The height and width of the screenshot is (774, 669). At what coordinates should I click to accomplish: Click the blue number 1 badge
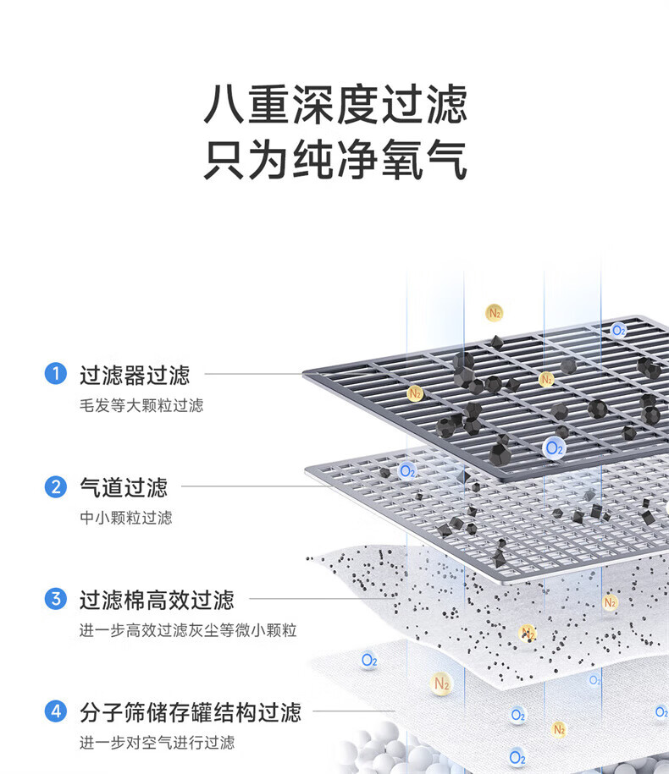(x=55, y=374)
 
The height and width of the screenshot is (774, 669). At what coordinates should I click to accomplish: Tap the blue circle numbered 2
(x=55, y=486)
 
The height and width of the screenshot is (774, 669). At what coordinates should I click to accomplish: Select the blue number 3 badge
(x=55, y=599)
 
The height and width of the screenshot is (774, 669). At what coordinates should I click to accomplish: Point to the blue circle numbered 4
(x=55, y=711)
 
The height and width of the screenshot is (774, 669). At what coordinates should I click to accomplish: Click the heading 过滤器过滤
(x=135, y=375)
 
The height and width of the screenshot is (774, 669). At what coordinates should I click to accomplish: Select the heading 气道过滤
(x=124, y=488)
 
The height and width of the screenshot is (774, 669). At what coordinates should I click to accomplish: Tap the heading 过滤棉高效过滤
(x=157, y=600)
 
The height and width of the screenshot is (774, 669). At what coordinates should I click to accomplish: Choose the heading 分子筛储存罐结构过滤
(x=191, y=712)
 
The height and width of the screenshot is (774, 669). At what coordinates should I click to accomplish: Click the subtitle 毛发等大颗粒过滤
(x=141, y=405)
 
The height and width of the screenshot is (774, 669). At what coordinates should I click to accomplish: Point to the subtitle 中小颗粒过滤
(x=126, y=518)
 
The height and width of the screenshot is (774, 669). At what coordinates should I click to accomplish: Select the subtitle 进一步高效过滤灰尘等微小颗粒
(x=188, y=630)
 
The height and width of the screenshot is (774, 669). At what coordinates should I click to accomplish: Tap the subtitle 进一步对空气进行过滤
(x=158, y=743)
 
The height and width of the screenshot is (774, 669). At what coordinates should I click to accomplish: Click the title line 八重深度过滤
(x=335, y=104)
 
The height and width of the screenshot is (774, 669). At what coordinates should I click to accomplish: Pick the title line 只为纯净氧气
(x=335, y=159)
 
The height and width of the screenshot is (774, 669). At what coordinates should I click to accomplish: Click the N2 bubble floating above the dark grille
(x=494, y=313)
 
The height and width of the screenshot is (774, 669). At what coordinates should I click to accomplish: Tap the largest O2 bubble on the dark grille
(x=553, y=448)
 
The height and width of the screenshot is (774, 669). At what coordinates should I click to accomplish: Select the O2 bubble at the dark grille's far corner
(x=618, y=330)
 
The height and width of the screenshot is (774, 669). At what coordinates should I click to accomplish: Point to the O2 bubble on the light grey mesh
(x=407, y=471)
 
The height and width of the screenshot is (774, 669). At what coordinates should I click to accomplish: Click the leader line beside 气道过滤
(x=257, y=486)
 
